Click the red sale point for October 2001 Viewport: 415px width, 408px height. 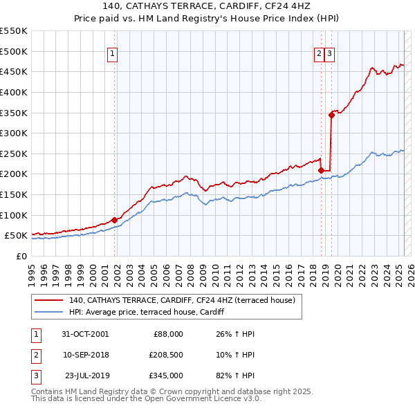coord(114,220)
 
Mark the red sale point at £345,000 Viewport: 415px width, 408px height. coord(331,115)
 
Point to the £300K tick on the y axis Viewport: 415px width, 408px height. coord(14,133)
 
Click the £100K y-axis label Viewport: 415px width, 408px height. coord(14,215)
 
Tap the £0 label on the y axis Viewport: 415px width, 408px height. coord(21,256)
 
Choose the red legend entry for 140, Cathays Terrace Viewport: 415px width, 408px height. coord(182,300)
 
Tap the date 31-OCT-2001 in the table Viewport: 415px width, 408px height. coord(84,335)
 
